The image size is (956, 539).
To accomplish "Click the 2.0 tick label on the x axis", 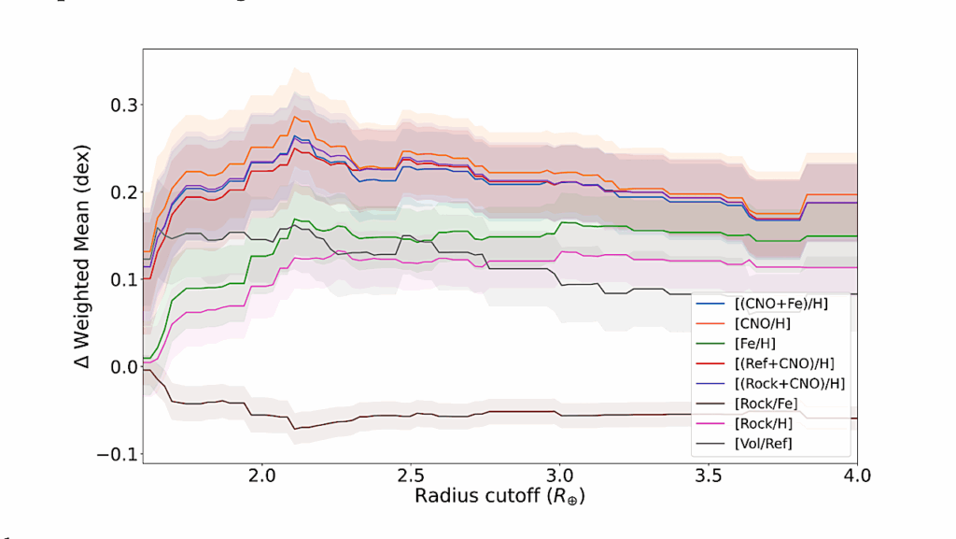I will [262, 475].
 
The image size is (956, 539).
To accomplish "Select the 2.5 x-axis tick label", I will [411, 475].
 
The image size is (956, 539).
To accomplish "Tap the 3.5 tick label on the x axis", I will [709, 475].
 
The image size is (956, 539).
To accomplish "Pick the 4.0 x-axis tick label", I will [857, 475].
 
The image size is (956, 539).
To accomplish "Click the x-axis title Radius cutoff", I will [500, 497].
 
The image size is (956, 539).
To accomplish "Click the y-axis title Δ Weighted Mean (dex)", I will [83, 256].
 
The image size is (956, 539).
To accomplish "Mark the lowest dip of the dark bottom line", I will [295, 428].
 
